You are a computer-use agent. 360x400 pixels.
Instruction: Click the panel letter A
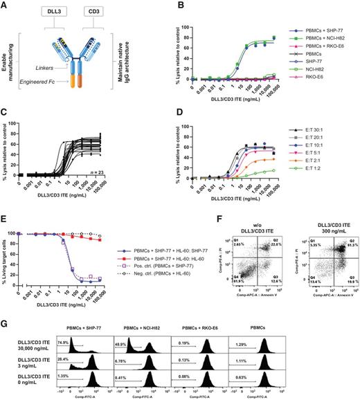(5, 5)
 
